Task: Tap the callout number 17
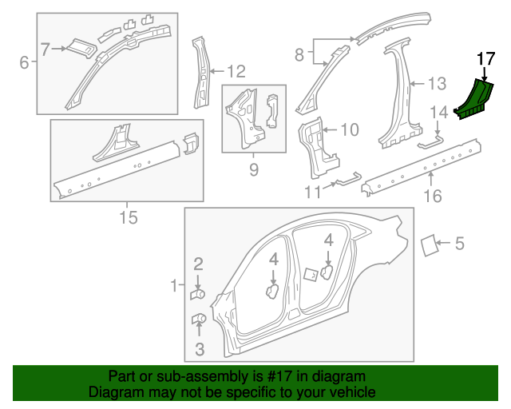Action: (x=485, y=59)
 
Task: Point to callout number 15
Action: (x=128, y=216)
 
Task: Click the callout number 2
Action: (x=199, y=263)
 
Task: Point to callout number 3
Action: (x=199, y=348)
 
